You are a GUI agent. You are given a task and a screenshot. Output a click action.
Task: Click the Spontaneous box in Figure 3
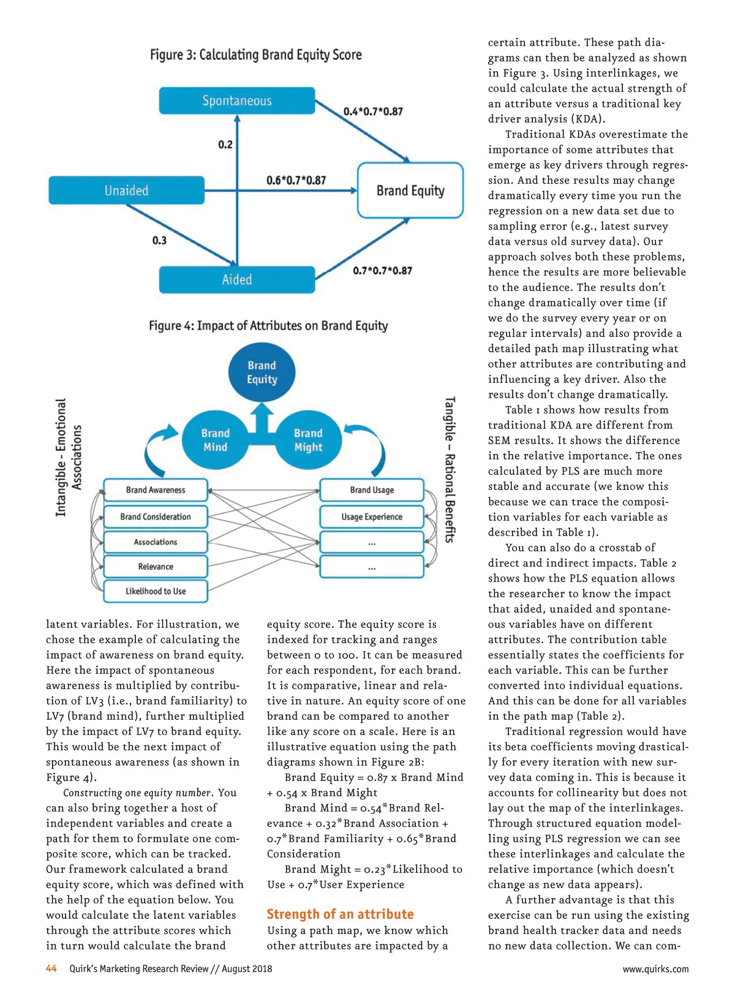237,100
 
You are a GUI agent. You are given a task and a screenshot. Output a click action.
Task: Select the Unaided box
126,190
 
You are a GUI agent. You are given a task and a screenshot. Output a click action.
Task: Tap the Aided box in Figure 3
237,280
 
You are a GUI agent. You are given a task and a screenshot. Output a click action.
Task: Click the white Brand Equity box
410,190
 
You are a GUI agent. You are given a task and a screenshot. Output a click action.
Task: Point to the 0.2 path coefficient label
225,145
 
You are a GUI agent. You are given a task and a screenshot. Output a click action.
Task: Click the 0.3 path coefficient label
159,240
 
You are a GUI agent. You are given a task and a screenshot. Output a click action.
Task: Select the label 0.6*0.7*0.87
296,180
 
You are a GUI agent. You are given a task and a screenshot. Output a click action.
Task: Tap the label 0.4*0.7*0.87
373,111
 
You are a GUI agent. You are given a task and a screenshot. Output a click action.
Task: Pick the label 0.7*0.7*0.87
382,270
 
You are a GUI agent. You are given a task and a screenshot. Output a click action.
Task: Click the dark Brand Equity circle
262,372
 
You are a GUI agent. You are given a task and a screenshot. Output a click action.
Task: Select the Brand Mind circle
215,440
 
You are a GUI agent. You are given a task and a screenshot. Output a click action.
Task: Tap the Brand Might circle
308,440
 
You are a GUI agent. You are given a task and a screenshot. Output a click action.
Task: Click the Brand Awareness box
156,490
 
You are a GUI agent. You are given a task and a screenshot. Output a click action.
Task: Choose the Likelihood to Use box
156,591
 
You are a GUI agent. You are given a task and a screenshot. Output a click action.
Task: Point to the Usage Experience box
372,517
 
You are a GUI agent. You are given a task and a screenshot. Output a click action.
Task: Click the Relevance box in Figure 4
156,567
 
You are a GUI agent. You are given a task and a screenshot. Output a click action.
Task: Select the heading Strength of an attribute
340,914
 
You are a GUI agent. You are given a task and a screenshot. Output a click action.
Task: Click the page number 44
51,968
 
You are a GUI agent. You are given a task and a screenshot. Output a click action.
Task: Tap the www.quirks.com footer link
655,969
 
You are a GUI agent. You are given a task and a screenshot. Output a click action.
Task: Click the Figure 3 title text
256,55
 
